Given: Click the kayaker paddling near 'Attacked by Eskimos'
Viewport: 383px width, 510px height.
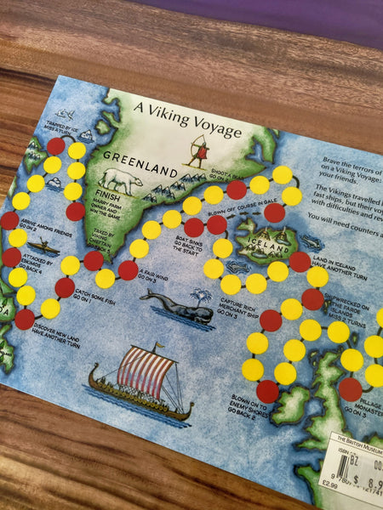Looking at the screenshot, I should tap(48, 249).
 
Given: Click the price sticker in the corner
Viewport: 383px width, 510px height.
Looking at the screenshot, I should tap(356, 468).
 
